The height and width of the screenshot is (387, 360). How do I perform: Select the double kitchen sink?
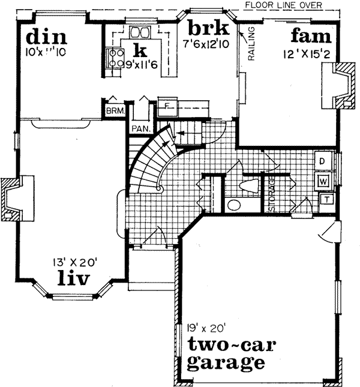pyautogui.click(x=141, y=32)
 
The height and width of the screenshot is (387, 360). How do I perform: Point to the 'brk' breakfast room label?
pyautogui.click(x=206, y=28)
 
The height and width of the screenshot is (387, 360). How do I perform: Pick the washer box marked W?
pyautogui.click(x=322, y=180)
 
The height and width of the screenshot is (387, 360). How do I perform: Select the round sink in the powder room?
pyautogui.click(x=233, y=205)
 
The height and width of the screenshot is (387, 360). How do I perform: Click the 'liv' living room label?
pyautogui.click(x=74, y=278)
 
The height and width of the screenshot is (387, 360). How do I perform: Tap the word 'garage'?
pyautogui.click(x=225, y=362)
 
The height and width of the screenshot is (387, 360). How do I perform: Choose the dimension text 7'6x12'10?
pyautogui.click(x=207, y=43)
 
